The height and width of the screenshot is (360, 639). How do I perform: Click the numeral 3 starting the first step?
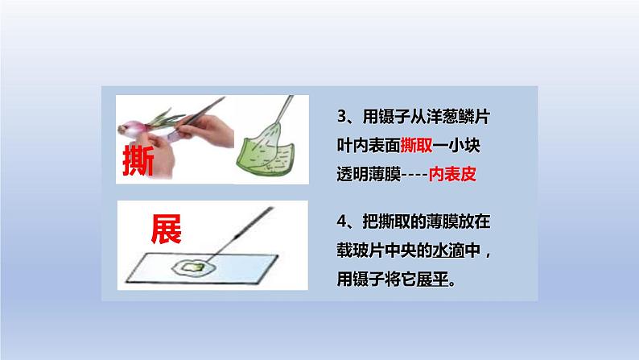point(341,118)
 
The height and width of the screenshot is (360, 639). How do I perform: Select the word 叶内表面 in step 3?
point(367,145)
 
